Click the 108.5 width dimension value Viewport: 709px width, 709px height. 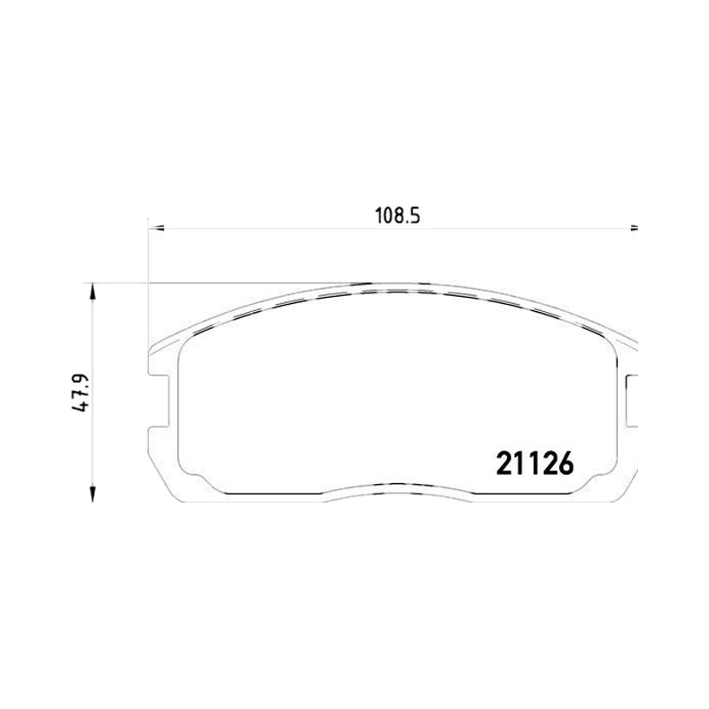pyautogui.click(x=397, y=216)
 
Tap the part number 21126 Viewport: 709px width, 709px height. pyautogui.click(x=535, y=464)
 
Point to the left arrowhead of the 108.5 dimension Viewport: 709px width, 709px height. pyautogui.click(x=157, y=229)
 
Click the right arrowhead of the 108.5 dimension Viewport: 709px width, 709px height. pyautogui.click(x=634, y=229)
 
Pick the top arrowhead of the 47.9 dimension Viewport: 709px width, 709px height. pyautogui.click(x=93, y=292)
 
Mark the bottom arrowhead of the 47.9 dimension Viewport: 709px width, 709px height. pyautogui.click(x=93, y=494)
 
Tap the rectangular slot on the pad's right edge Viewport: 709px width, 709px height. pyautogui.click(x=632, y=401)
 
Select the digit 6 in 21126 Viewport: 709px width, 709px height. pyautogui.click(x=565, y=464)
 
